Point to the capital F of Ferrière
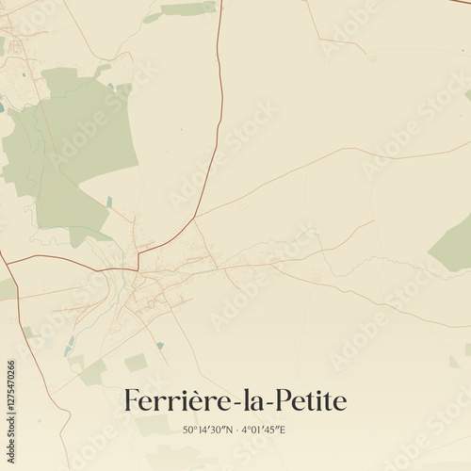point(131,401)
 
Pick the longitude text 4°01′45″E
point(264,430)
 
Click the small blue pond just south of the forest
point(109,202)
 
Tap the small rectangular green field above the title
point(136,363)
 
